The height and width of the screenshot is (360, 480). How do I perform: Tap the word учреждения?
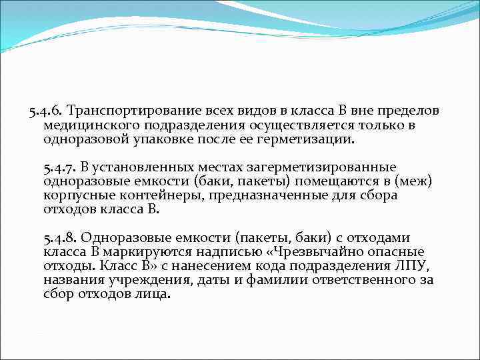point(137,281)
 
